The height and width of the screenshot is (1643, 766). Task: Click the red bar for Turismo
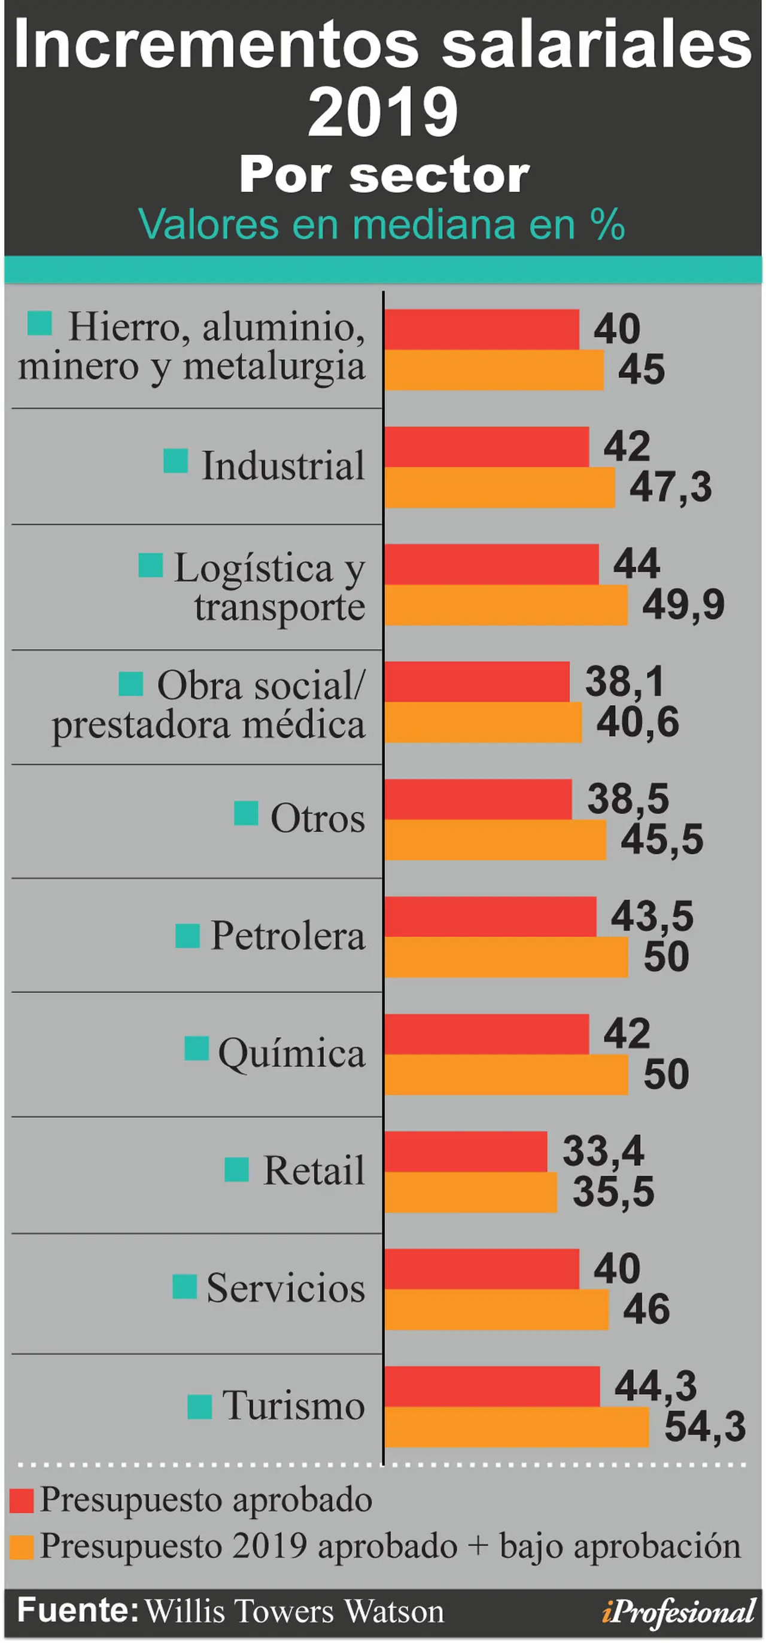pos(492,1386)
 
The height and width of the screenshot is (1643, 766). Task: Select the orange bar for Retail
pos(471,1192)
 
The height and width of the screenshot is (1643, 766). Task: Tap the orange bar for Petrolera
pos(506,957)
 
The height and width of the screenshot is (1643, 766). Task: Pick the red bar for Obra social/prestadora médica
pos(478,682)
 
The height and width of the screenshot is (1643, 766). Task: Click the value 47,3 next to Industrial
pos(670,487)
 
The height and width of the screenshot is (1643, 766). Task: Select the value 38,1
pos(625,681)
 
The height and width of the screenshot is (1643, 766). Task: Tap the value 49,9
pos(683,605)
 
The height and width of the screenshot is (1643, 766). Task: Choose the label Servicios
pos(285,1288)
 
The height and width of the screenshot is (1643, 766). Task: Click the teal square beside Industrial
pos(175,461)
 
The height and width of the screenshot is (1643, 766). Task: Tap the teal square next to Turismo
pos(200,1406)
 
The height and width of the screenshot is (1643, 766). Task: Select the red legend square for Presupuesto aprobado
pos(22,1501)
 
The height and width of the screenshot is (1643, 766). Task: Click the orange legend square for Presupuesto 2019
pos(22,1548)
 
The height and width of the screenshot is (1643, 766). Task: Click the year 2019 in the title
pos(383,113)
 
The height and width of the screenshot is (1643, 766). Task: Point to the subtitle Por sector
pos(384,175)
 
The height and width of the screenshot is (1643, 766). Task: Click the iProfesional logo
pos(679,1612)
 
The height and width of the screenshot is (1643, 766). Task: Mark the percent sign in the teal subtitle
pos(607,224)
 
